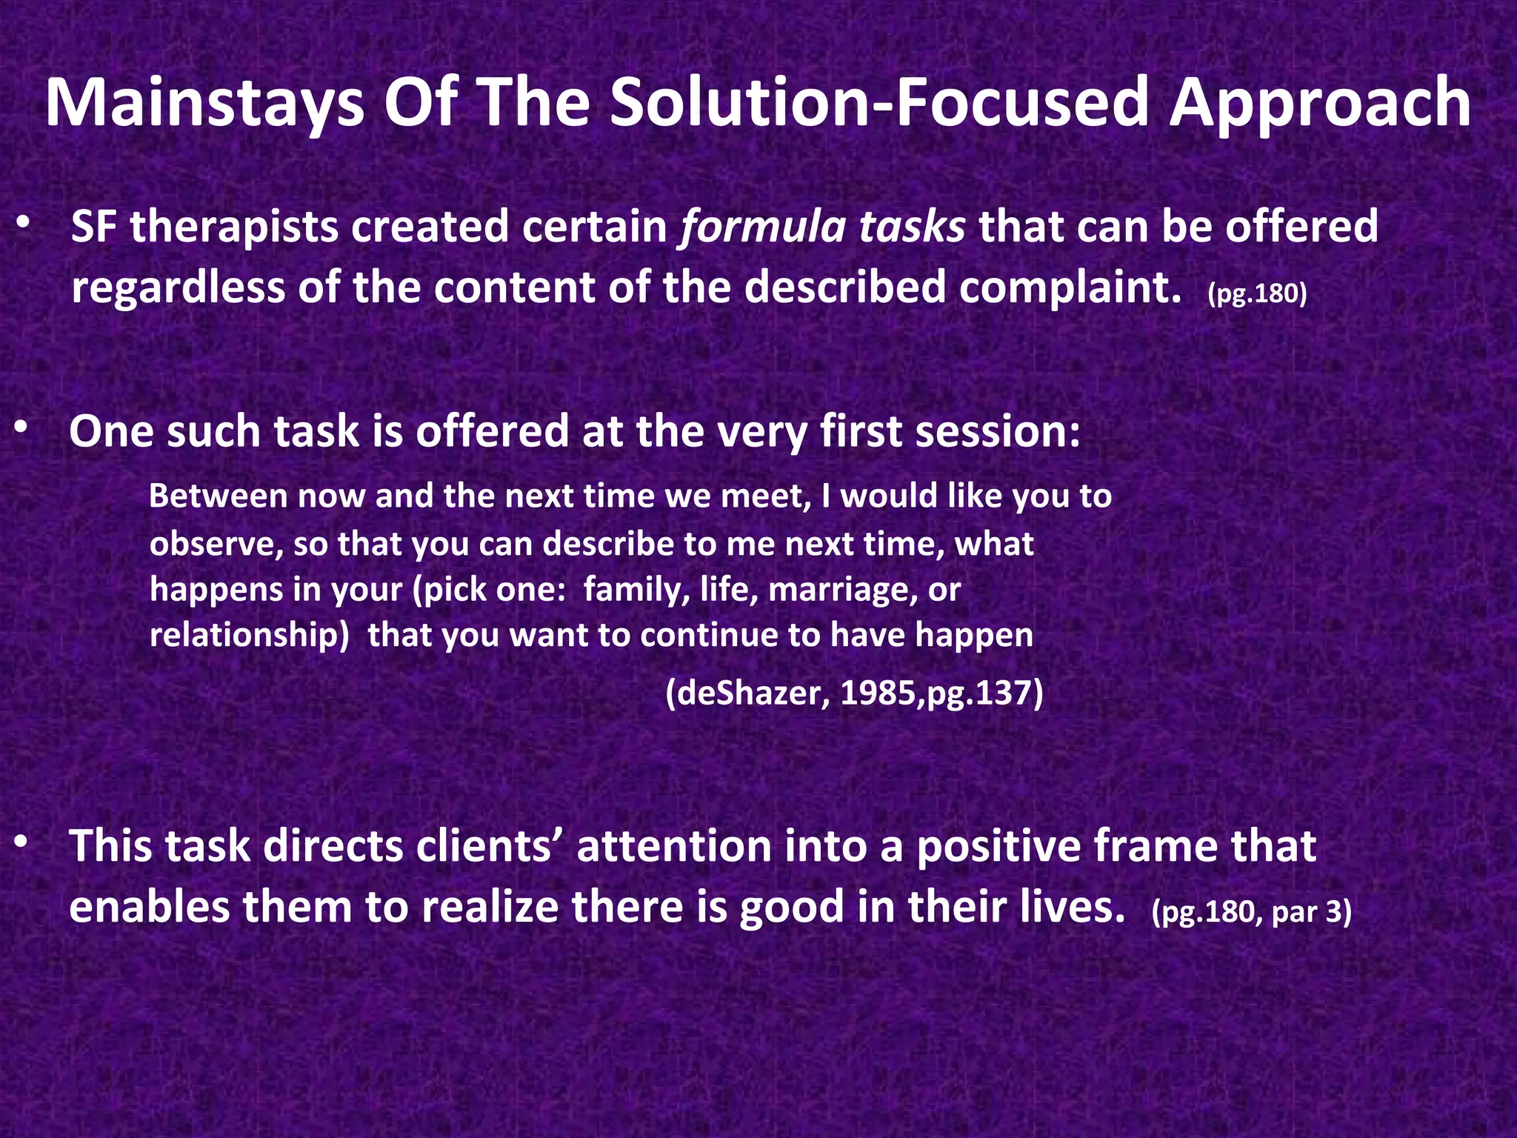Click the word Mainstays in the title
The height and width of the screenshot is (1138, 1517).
click(204, 104)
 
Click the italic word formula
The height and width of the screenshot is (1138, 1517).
click(762, 227)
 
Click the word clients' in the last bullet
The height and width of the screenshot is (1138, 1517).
click(489, 846)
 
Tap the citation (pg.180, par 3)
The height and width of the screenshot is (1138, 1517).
click(1251, 912)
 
